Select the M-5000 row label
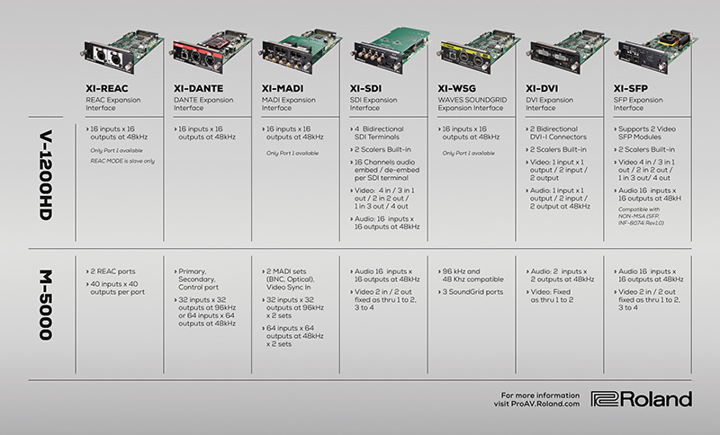pos(37,308)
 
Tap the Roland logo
pos(642,399)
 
